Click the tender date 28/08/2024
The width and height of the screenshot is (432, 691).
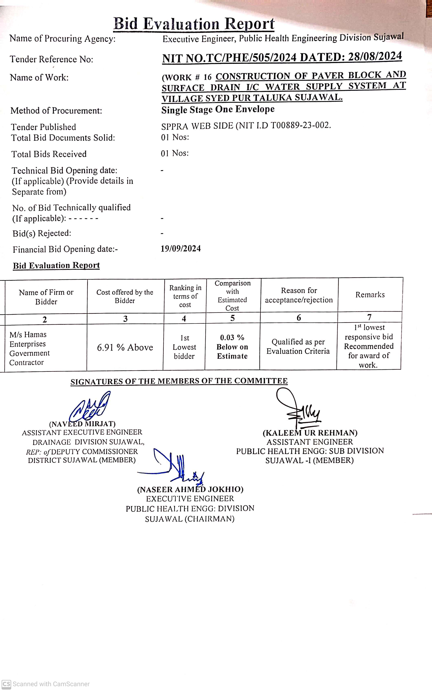click(x=375, y=56)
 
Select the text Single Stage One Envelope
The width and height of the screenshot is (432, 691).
click(x=218, y=109)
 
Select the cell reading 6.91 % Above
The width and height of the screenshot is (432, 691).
click(x=125, y=347)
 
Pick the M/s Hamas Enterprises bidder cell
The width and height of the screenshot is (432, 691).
click(x=29, y=348)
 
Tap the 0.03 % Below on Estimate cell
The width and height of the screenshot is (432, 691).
click(x=232, y=347)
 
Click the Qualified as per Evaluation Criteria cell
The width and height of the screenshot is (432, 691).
click(x=298, y=346)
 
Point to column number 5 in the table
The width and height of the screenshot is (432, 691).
click(x=232, y=318)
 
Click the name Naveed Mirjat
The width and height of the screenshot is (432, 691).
click(x=82, y=424)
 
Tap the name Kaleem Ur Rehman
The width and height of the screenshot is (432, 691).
click(x=310, y=433)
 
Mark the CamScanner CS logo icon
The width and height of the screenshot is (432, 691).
click(x=6, y=684)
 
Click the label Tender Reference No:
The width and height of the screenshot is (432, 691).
click(x=51, y=59)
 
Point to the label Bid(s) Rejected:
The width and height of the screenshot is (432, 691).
click(x=42, y=233)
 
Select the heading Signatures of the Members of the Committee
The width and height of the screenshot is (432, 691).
click(x=179, y=381)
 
